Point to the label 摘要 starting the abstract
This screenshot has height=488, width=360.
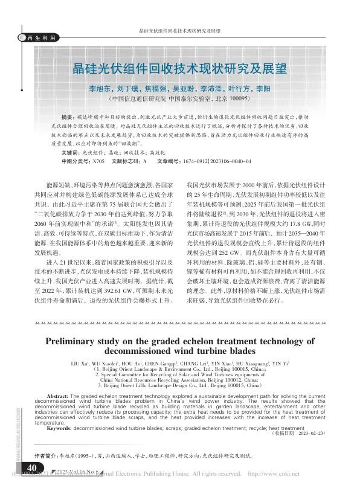pos(69,115)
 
